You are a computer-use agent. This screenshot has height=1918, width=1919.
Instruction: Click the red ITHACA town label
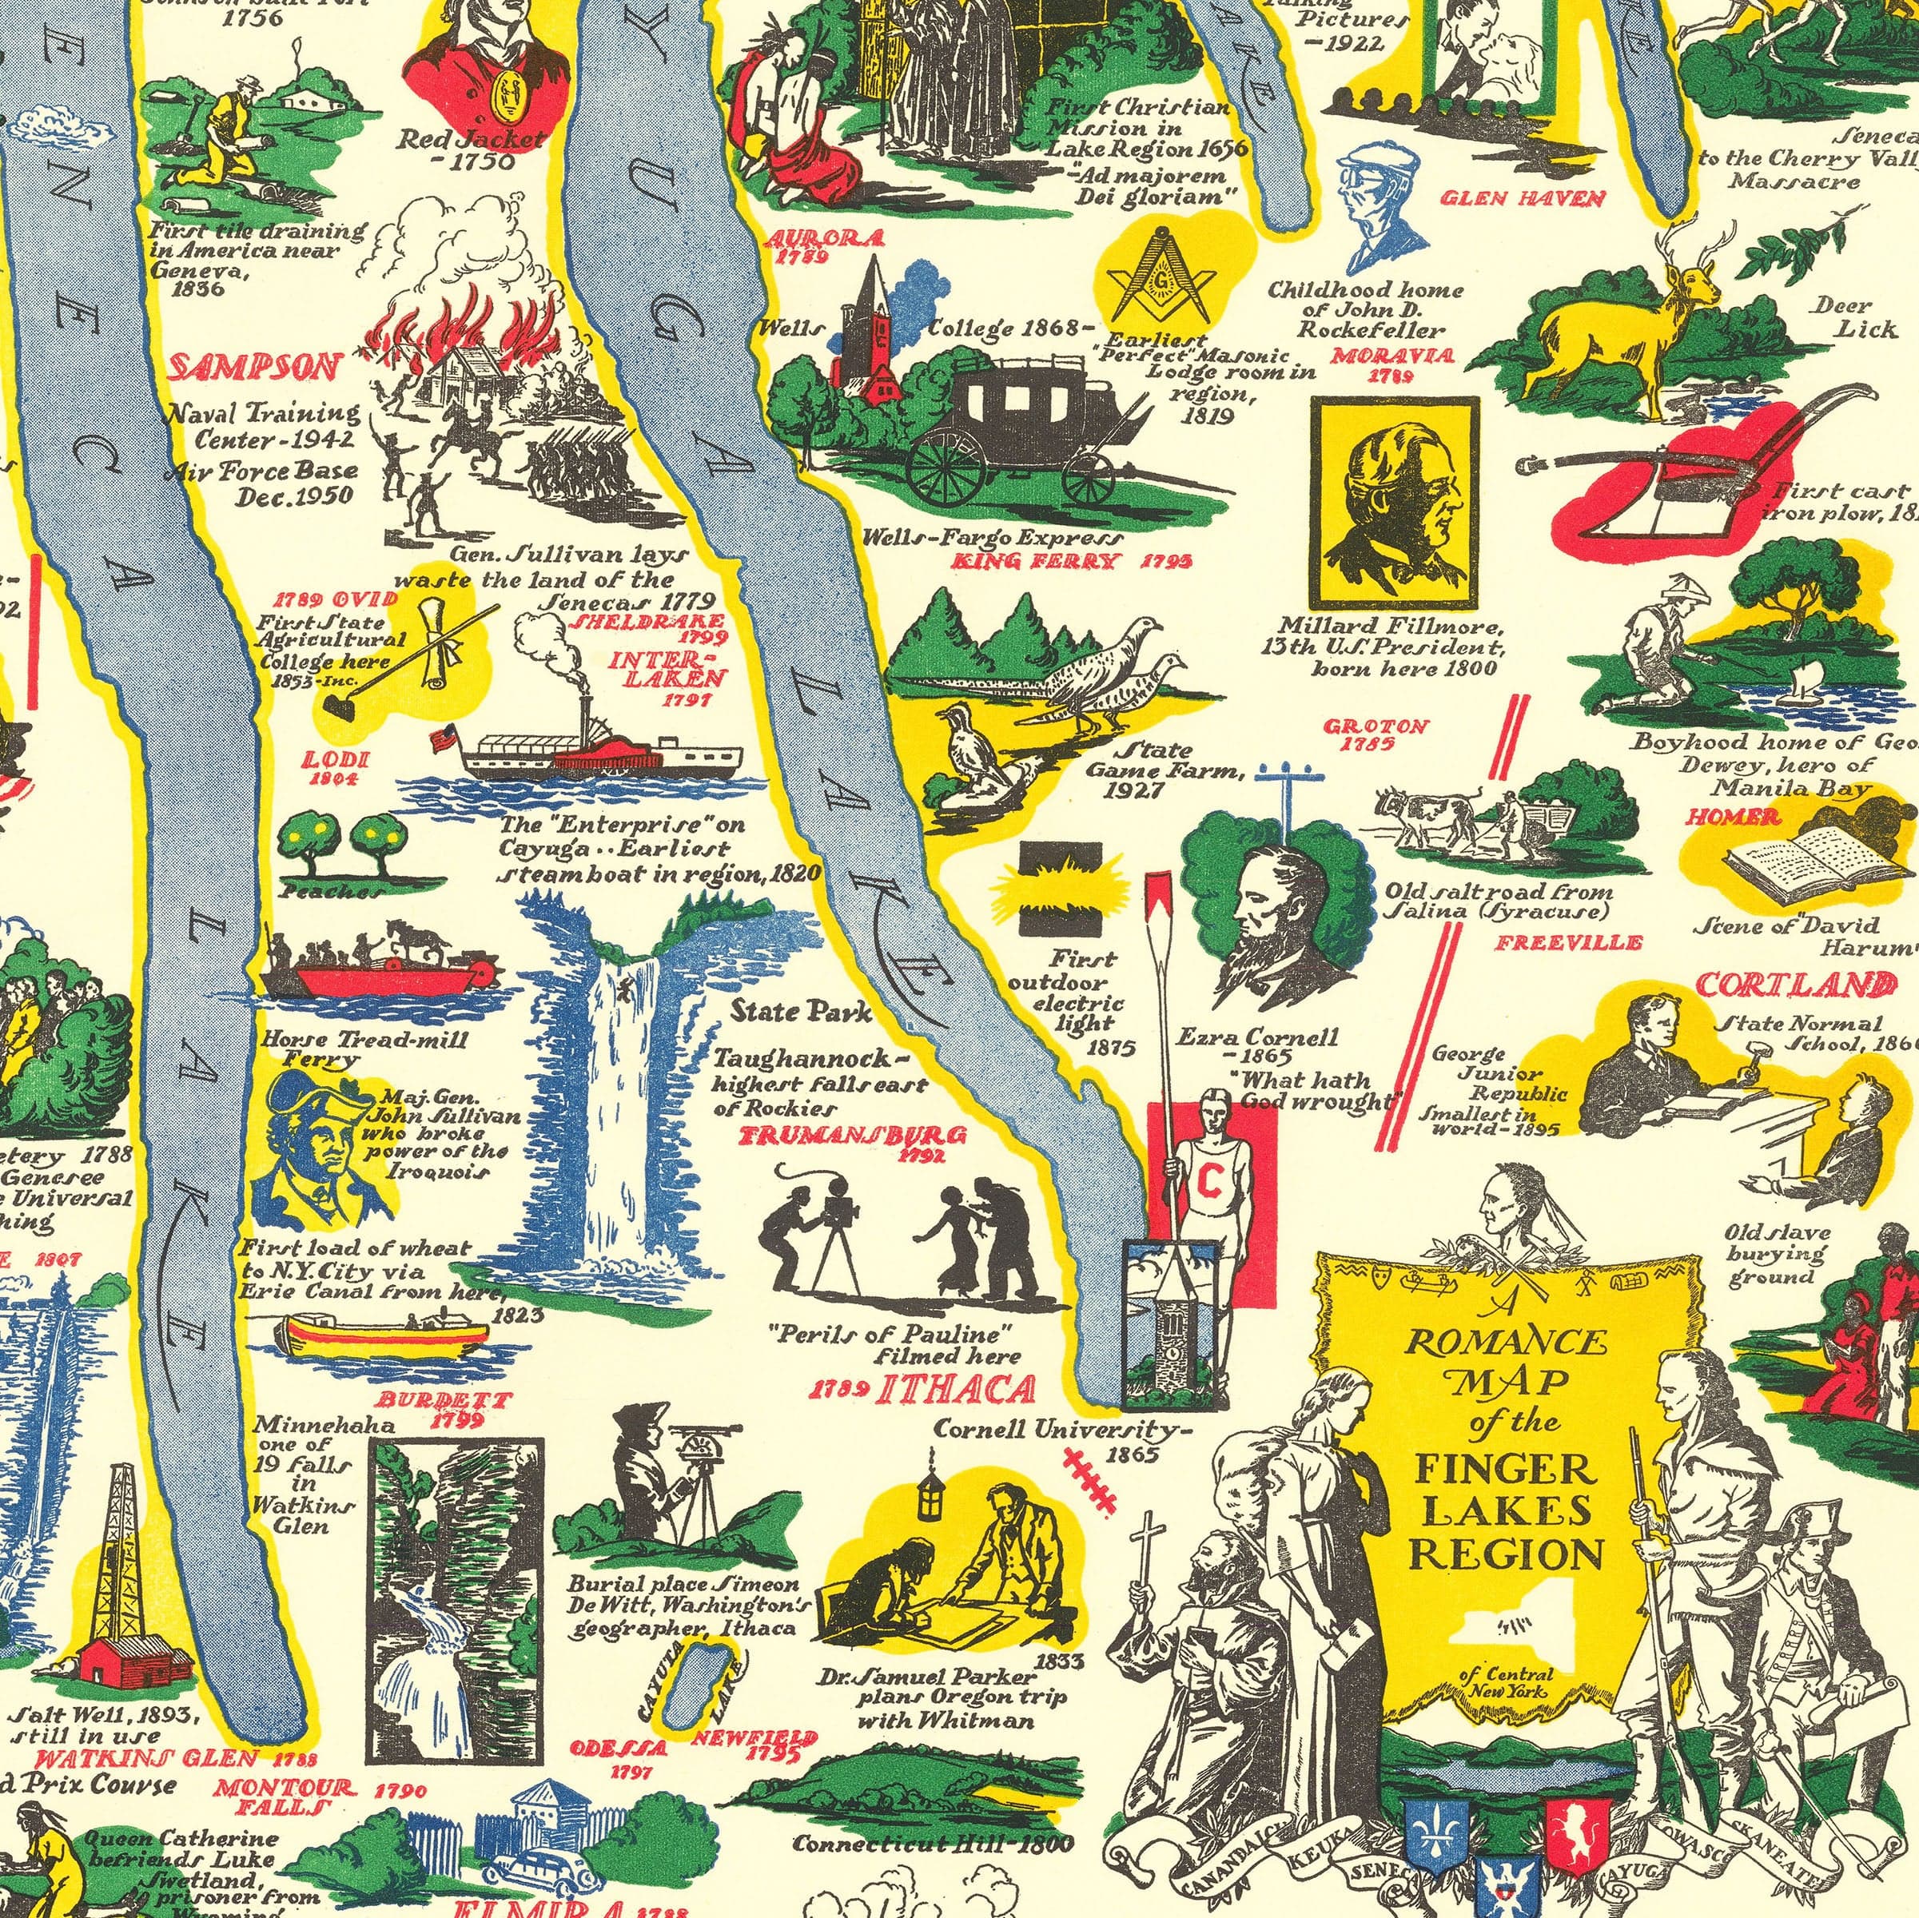click(954, 1390)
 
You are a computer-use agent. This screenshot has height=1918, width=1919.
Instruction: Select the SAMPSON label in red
click(254, 368)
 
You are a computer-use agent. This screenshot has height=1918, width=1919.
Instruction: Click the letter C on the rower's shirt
click(1208, 1180)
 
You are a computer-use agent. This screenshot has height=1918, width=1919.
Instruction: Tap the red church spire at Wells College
click(872, 298)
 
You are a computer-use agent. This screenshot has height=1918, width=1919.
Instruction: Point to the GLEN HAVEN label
click(1523, 200)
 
